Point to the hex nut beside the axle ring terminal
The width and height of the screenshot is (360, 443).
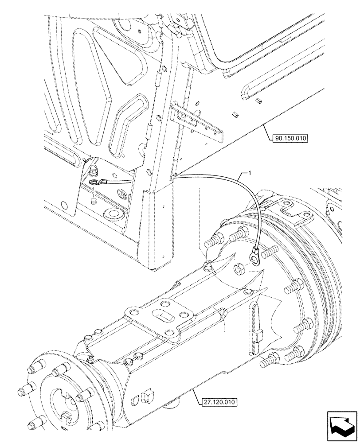click(238, 268)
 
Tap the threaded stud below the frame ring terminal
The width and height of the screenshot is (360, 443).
click(94, 201)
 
